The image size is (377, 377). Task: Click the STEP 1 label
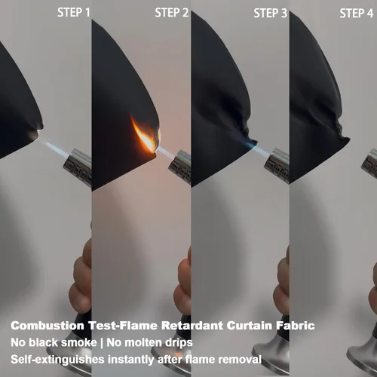74,13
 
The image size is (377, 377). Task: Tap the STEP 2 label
172,13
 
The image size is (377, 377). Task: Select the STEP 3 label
270,13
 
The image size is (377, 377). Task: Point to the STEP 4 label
357,13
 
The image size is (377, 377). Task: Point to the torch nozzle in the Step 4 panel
369,164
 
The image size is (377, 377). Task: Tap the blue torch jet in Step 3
259,149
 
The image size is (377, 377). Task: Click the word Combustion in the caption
48,326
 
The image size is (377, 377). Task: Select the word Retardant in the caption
192,326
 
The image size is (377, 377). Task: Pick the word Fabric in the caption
296,326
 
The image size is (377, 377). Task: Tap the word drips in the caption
179,343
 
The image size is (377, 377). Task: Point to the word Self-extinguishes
57,360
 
